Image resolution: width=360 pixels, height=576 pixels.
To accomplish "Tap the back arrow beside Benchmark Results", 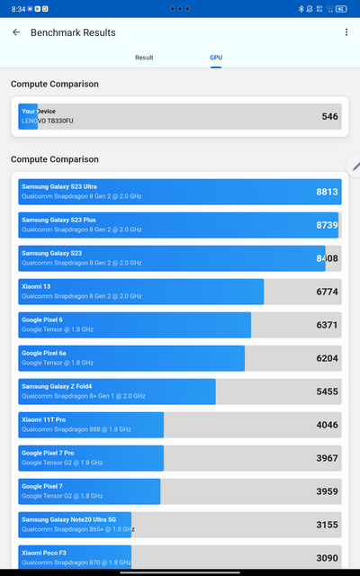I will point(16,32).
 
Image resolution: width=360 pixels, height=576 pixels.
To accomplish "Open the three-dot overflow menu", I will point(346,32).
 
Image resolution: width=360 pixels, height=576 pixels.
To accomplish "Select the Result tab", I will point(144,58).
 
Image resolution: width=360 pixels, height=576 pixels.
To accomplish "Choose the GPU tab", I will point(216,58).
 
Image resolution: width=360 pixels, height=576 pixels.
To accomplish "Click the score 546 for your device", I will point(329,117).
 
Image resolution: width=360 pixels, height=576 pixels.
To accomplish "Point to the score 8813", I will point(327,192).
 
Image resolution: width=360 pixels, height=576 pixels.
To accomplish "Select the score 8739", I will point(327,225).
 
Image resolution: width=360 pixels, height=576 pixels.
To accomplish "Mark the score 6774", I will point(327,292).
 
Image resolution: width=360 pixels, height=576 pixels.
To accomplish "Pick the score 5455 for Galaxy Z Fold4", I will point(327,391).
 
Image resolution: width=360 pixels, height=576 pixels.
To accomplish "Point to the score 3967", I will point(327,458).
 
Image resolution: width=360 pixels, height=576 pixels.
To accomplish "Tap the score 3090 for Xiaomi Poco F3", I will point(327,558).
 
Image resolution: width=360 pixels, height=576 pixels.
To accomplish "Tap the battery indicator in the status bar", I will point(339,8).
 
